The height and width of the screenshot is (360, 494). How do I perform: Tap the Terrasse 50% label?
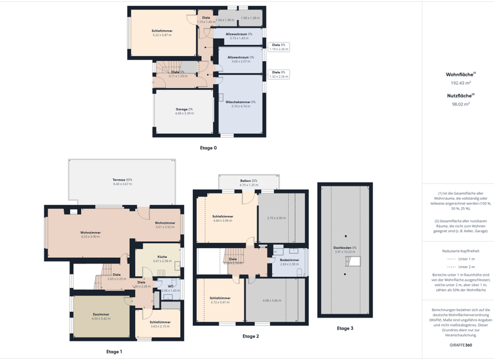click(x=122, y=181)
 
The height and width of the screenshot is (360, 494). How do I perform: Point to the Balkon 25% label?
click(x=249, y=183)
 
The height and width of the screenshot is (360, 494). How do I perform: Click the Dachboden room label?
click(x=345, y=249)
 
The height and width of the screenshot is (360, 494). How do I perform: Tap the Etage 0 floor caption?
click(x=208, y=148)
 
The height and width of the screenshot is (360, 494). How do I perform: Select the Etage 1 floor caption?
click(x=114, y=352)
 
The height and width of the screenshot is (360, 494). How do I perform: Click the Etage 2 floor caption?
click(x=250, y=336)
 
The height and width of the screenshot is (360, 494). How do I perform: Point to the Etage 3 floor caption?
click(x=345, y=328)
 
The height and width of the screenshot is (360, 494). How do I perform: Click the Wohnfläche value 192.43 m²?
click(x=461, y=83)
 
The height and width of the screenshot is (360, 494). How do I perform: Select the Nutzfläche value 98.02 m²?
click(x=461, y=104)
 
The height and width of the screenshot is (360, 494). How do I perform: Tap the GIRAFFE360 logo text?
click(x=461, y=345)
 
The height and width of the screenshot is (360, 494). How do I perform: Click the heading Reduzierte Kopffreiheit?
click(x=461, y=251)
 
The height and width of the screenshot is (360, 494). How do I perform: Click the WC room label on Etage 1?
click(x=170, y=287)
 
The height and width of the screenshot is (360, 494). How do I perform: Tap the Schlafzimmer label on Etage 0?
click(x=162, y=32)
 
